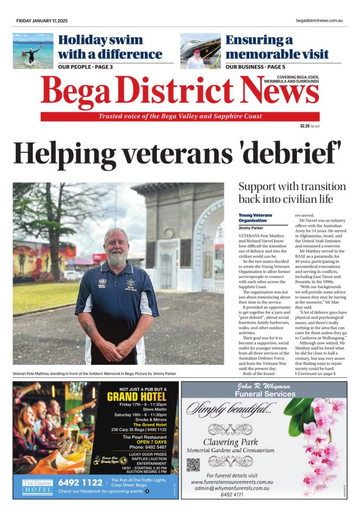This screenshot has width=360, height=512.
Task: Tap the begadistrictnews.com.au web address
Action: pos(319,21)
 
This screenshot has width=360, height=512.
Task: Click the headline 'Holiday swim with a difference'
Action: pos(110,47)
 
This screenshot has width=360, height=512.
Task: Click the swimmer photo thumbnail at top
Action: pos(33,51)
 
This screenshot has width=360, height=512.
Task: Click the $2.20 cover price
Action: pos(305,126)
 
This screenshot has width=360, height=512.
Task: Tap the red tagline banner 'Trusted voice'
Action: pos(180,116)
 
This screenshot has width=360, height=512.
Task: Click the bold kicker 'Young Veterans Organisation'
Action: pos(255,218)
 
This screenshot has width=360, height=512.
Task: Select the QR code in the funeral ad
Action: pos(193,465)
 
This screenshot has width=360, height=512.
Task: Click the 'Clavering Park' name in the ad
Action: pos(230,442)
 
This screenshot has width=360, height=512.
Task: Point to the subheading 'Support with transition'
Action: pos(292,186)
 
